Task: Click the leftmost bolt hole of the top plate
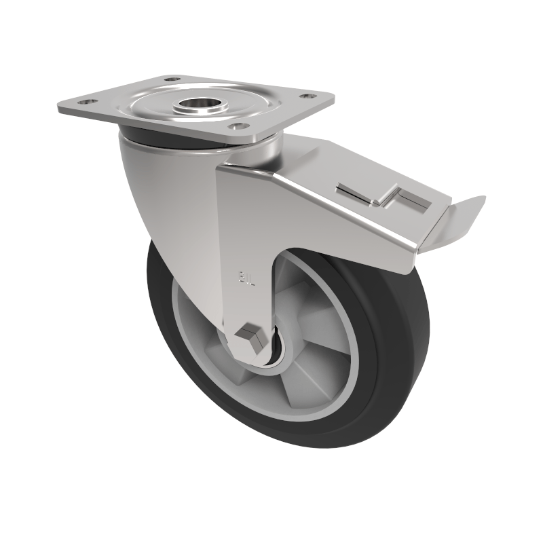(x=86, y=102)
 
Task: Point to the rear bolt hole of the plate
(x=172, y=79)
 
